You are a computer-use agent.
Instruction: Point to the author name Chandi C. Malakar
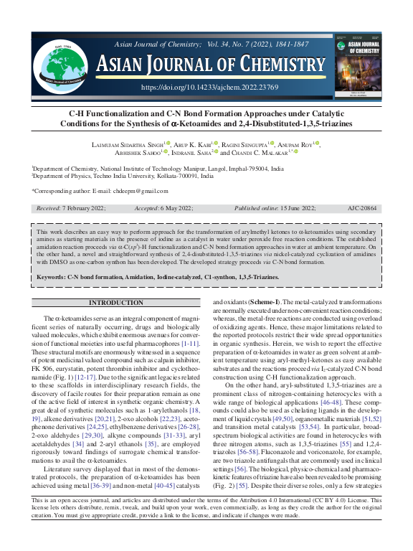pyautogui.click(x=262, y=152)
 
